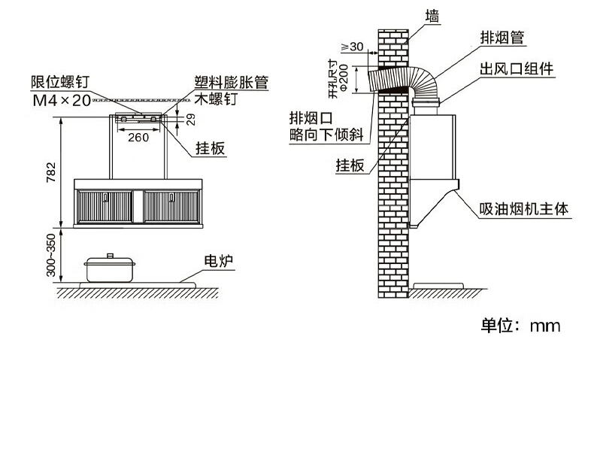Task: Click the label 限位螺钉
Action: tap(60, 82)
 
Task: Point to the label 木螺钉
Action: tap(211, 99)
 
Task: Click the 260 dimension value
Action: tap(138, 137)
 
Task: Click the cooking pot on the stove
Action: tap(111, 268)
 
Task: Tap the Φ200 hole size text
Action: tap(343, 77)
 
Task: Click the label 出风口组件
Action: tap(517, 69)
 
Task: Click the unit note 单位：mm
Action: tap(521, 326)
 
